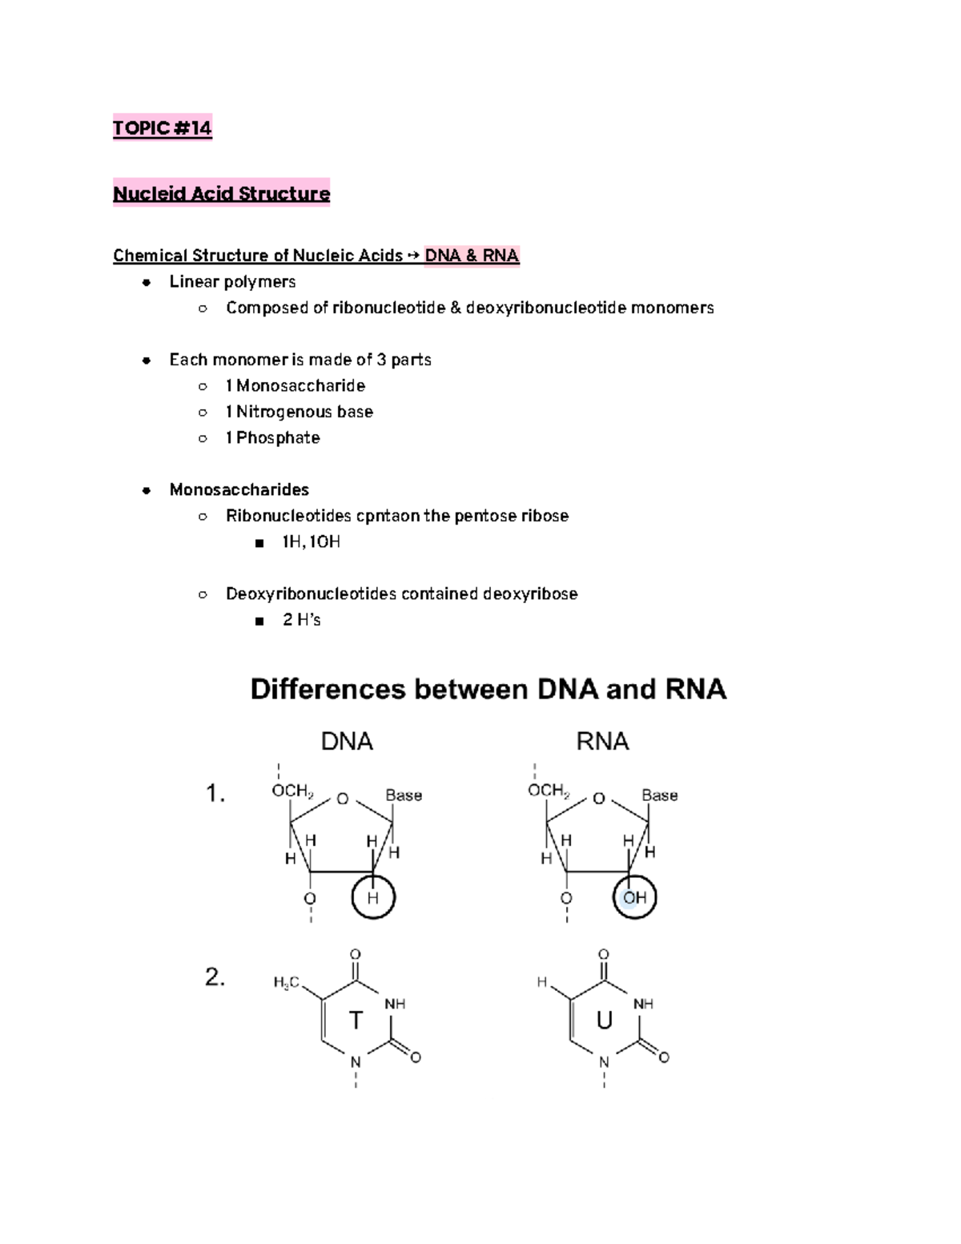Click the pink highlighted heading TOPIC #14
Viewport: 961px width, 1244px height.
pyautogui.click(x=162, y=128)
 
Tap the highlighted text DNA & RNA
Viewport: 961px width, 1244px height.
pyautogui.click(x=472, y=256)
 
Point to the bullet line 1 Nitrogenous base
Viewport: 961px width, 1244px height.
pyautogui.click(x=299, y=412)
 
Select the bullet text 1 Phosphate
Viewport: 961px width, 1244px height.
pyautogui.click(x=272, y=438)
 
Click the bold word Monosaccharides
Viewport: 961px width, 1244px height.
pyautogui.click(x=239, y=489)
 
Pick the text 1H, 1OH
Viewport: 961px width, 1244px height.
pyautogui.click(x=311, y=542)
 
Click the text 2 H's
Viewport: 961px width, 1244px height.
pyautogui.click(x=301, y=620)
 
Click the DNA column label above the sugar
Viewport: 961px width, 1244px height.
pyautogui.click(x=347, y=742)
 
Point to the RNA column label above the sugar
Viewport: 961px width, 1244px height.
pyautogui.click(x=602, y=742)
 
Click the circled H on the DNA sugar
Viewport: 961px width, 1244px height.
pyautogui.click(x=373, y=898)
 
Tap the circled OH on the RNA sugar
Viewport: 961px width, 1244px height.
pyautogui.click(x=635, y=898)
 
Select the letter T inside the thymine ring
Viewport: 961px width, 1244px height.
pyautogui.click(x=356, y=1021)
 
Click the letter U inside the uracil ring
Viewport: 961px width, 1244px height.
pyautogui.click(x=604, y=1021)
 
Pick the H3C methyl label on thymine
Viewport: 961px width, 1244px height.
pyautogui.click(x=286, y=983)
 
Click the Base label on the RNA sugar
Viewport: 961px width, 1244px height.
pyautogui.click(x=659, y=795)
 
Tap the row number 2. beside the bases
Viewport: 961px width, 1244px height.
pyautogui.click(x=215, y=977)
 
